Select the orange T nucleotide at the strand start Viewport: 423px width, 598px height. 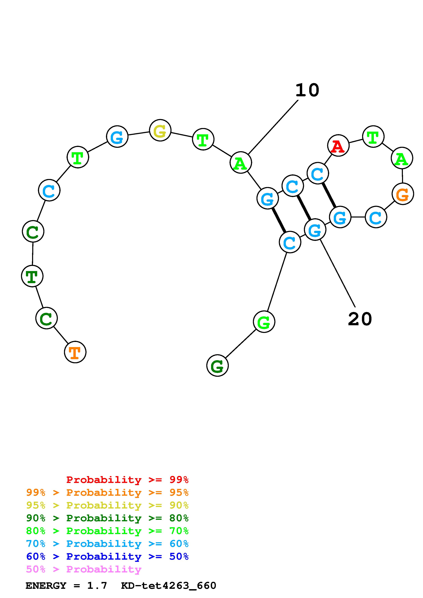point(75,352)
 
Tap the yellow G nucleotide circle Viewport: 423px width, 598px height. point(160,130)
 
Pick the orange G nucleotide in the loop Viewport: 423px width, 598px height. point(403,194)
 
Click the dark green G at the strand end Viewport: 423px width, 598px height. point(217,365)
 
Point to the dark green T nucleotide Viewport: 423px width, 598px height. point(32,276)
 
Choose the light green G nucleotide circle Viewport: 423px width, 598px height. point(264,322)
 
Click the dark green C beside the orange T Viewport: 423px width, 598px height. point(46,318)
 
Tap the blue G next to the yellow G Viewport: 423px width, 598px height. point(117,137)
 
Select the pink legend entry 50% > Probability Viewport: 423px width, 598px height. point(84,569)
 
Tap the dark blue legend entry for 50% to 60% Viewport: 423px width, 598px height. point(107,556)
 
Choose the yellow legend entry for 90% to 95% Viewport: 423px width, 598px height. point(107,505)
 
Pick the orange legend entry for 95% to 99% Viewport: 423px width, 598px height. point(107,492)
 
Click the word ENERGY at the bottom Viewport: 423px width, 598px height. point(46,586)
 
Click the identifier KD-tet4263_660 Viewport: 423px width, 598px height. point(169,586)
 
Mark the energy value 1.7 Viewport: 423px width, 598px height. point(97,586)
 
